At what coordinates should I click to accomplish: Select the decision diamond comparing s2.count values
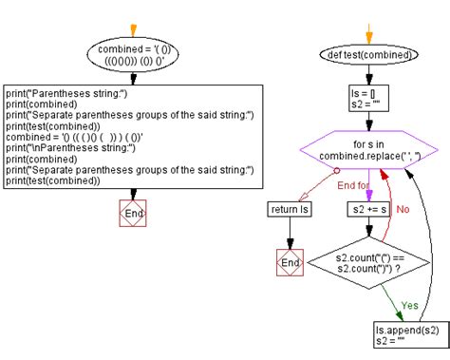(368, 263)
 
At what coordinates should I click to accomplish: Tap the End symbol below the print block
(134, 214)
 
